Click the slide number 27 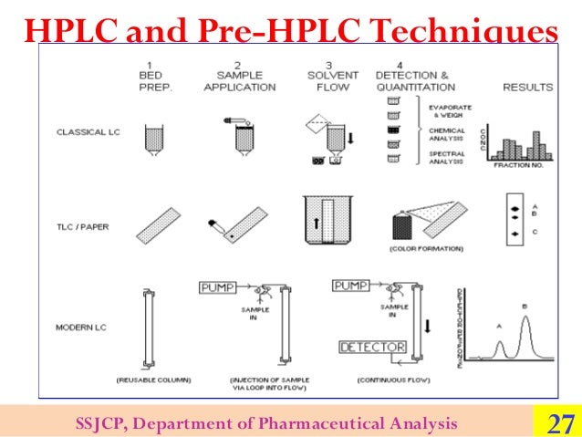click(558, 423)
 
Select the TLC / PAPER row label click(81, 227)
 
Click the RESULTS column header click(527, 88)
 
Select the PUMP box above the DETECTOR click(352, 286)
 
